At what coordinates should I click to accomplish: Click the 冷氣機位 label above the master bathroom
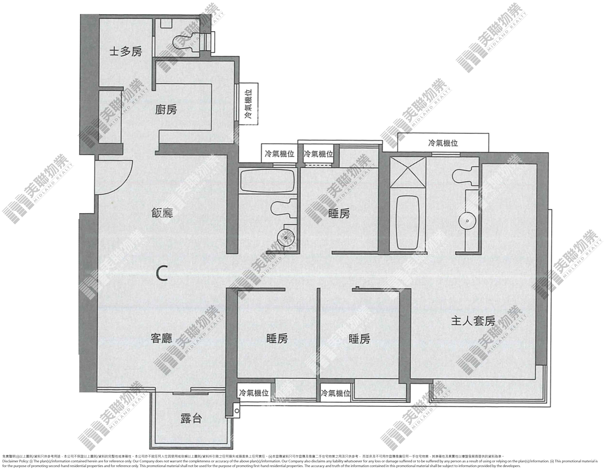tap(443, 143)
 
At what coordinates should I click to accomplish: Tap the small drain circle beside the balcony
tap(237, 411)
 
